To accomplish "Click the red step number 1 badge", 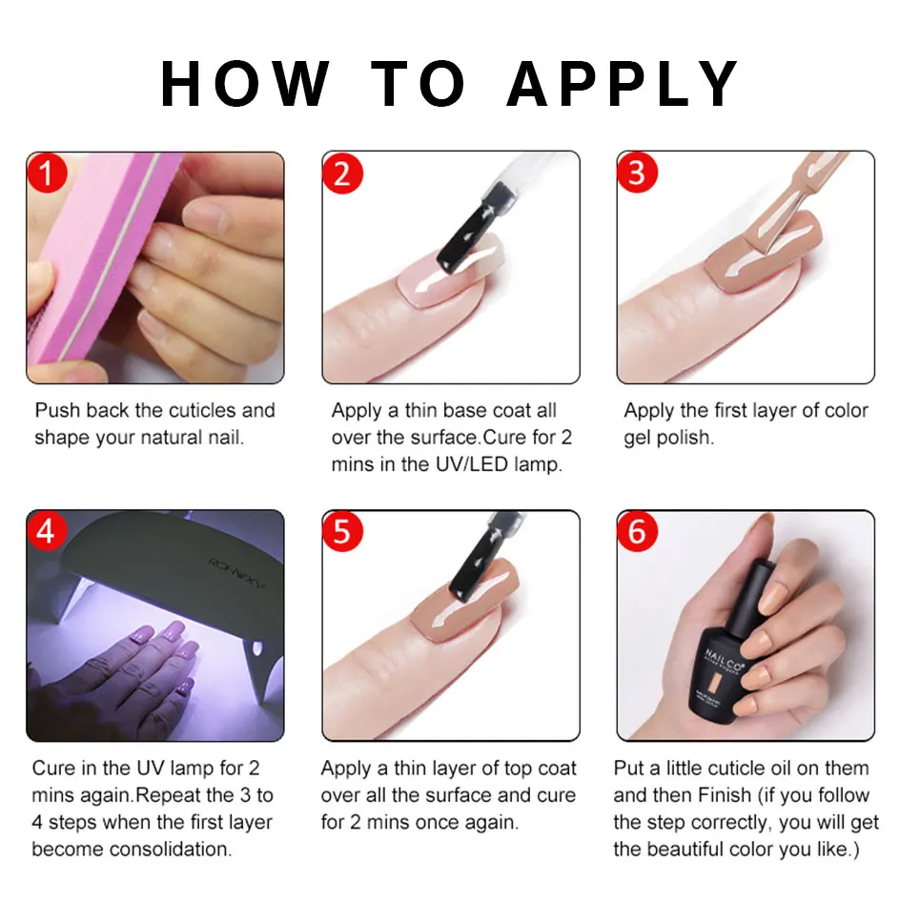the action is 47,174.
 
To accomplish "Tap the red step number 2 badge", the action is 342,174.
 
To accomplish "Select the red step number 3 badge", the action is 637,173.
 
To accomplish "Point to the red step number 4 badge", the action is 47,530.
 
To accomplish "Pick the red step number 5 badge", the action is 342,531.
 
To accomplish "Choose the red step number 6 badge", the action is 637,531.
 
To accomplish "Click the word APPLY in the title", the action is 623,84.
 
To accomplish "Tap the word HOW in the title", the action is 245,84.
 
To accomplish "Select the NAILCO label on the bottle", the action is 724,661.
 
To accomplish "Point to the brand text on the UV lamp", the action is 236,572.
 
